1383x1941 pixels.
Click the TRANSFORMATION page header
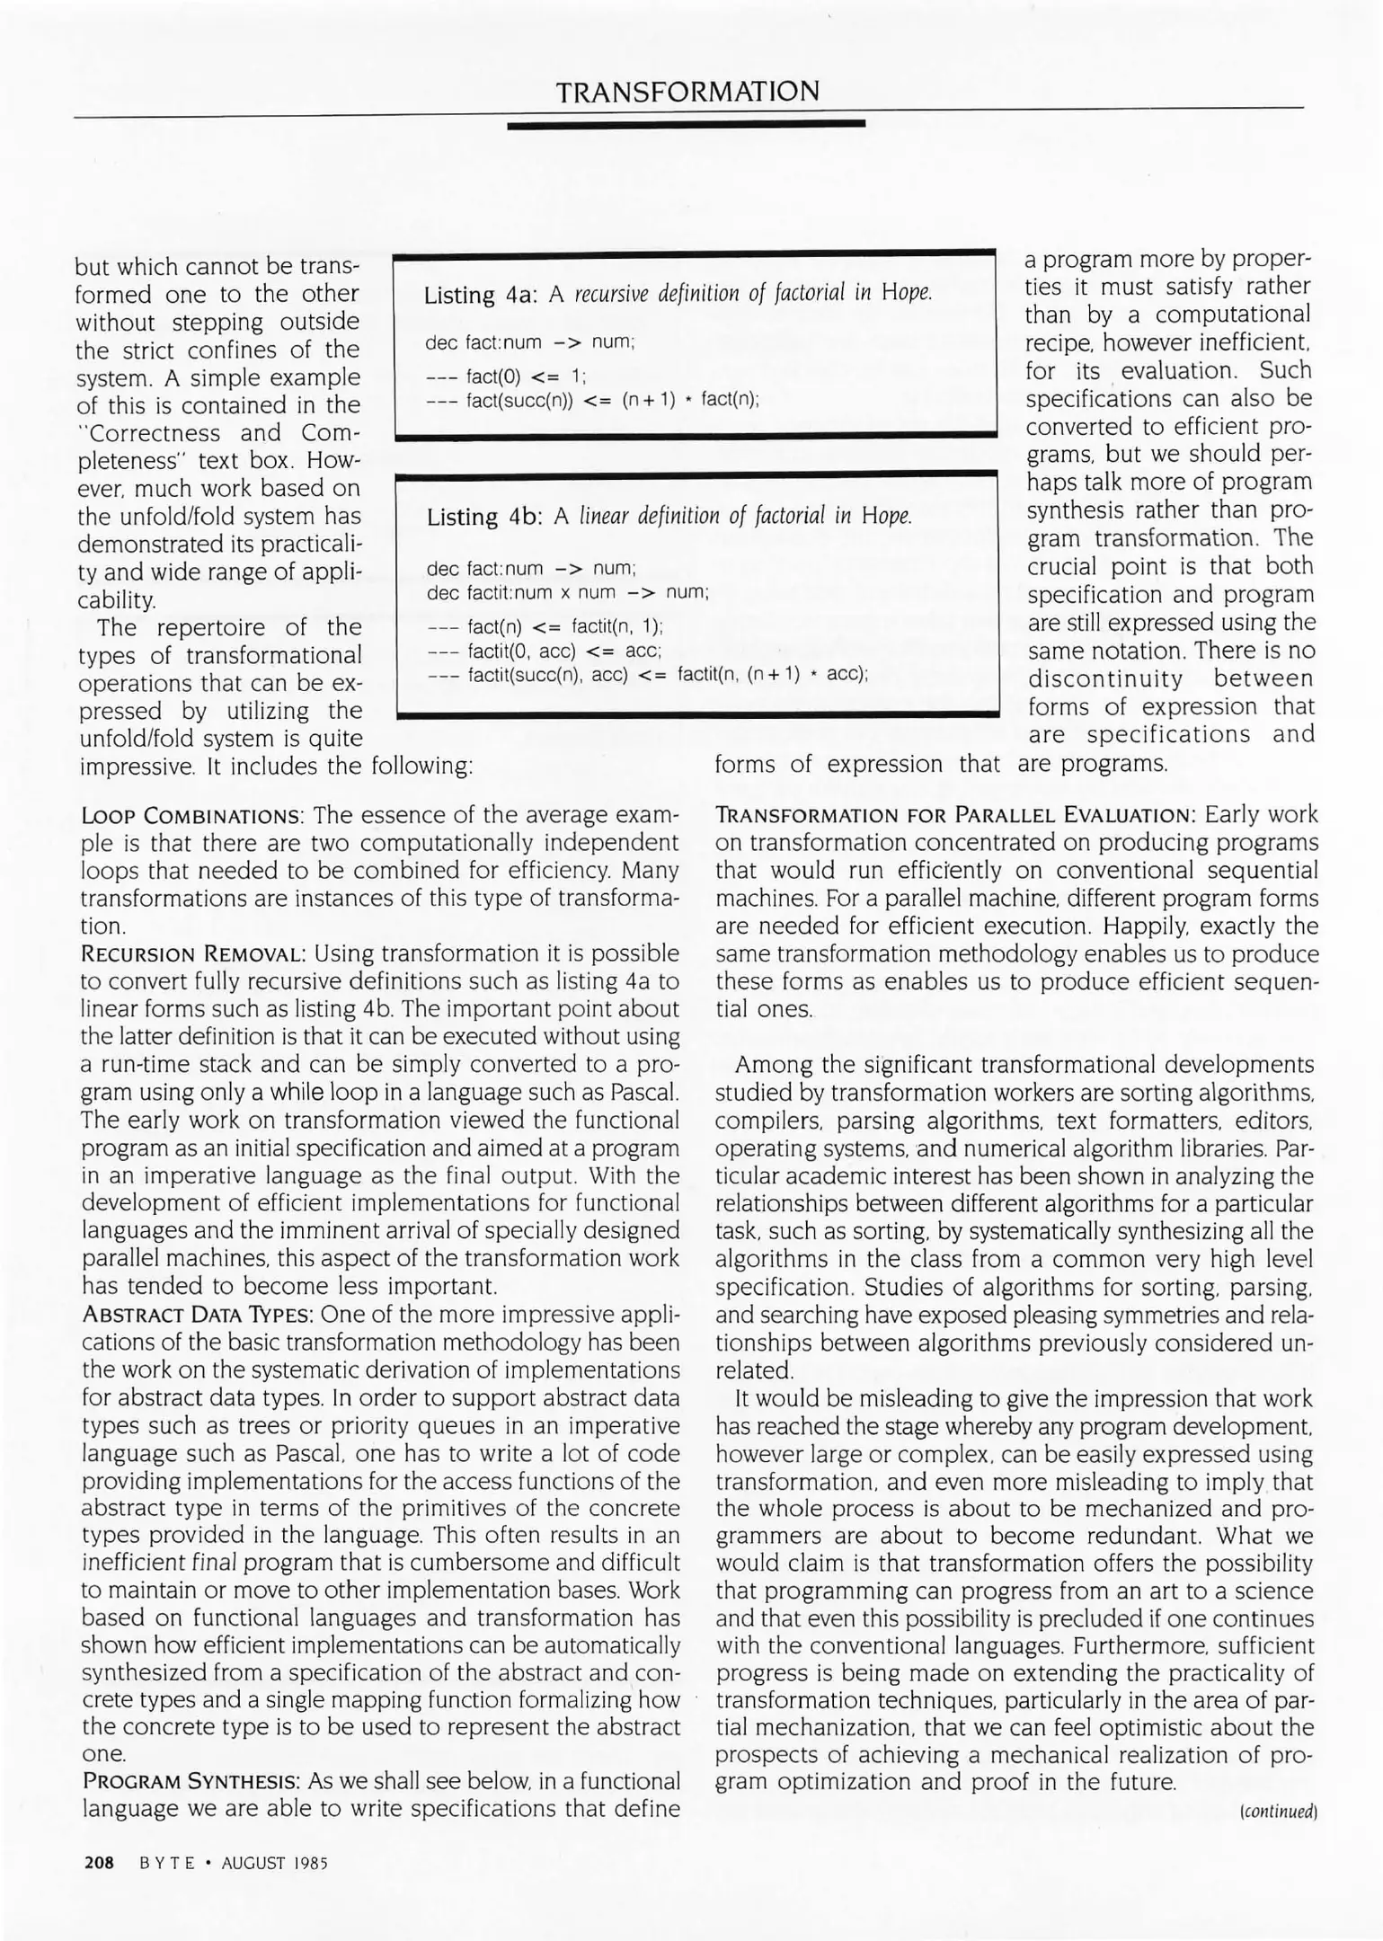point(687,92)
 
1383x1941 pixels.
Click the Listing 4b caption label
point(483,517)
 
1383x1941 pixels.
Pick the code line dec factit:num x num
point(567,592)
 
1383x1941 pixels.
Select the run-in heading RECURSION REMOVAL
point(194,953)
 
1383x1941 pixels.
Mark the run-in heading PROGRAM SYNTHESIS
point(191,1782)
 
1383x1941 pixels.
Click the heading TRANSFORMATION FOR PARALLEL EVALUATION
point(954,816)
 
